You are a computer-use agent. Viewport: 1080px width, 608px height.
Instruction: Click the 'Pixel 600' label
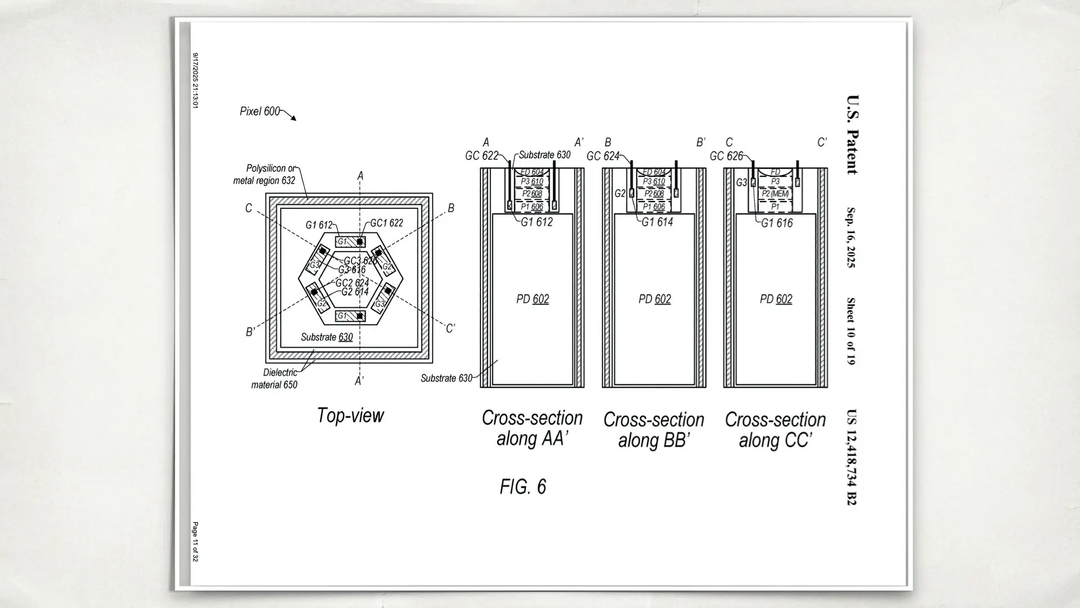pos(259,111)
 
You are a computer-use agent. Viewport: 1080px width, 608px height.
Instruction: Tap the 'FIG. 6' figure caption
pos(523,486)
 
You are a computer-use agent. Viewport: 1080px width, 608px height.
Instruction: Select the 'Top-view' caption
pos(350,415)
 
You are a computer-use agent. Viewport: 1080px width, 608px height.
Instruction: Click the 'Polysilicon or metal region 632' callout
pos(264,175)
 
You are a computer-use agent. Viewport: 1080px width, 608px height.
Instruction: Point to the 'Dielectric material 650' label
pos(274,379)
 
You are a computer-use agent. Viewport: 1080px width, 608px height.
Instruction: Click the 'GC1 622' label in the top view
pos(386,223)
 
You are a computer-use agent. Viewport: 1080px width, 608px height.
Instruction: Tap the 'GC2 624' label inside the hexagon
pos(352,283)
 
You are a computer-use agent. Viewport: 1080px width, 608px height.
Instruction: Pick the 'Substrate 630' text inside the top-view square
pos(326,337)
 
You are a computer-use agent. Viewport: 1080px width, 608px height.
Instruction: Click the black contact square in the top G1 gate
pos(360,242)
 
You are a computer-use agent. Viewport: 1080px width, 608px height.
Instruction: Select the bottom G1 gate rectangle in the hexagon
pos(350,316)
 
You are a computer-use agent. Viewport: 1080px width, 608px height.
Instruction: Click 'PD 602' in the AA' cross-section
pos(532,299)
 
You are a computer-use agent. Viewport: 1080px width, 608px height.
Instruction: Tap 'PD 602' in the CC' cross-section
pos(776,299)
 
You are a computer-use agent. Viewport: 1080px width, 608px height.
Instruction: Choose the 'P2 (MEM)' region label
pos(775,194)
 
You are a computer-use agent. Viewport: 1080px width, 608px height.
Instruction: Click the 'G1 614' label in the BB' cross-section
pos(657,222)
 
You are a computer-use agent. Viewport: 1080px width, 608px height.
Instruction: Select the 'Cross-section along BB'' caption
pos(654,430)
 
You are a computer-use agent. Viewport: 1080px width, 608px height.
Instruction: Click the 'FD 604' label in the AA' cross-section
pos(532,172)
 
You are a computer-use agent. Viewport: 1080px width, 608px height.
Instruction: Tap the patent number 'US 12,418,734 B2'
pos(852,457)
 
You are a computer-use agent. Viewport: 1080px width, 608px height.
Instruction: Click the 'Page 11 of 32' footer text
pos(195,542)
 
